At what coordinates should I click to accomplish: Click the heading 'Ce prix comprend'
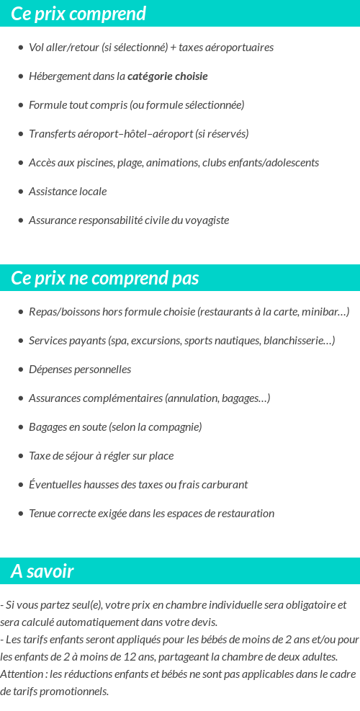pyautogui.click(x=78, y=14)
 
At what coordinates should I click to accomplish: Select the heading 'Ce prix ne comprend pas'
pyautogui.click(x=105, y=278)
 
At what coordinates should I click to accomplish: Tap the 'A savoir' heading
pyautogui.click(x=42, y=571)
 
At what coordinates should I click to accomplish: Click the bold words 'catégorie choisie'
pyautogui.click(x=168, y=76)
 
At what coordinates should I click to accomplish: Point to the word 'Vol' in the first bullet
pyautogui.click(x=36, y=48)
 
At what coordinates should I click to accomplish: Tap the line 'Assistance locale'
pyautogui.click(x=68, y=192)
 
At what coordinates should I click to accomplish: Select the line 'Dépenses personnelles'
pyautogui.click(x=80, y=370)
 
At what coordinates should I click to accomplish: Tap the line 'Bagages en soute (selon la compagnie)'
pyautogui.click(x=115, y=427)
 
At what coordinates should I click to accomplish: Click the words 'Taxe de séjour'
pyautogui.click(x=61, y=456)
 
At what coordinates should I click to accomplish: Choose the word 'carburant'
pyautogui.click(x=226, y=485)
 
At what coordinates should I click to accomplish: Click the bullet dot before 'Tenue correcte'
pyautogui.click(x=21, y=514)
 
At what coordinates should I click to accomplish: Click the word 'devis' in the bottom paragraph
pyautogui.click(x=202, y=622)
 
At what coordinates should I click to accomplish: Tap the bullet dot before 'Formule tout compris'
pyautogui.click(x=21, y=105)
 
